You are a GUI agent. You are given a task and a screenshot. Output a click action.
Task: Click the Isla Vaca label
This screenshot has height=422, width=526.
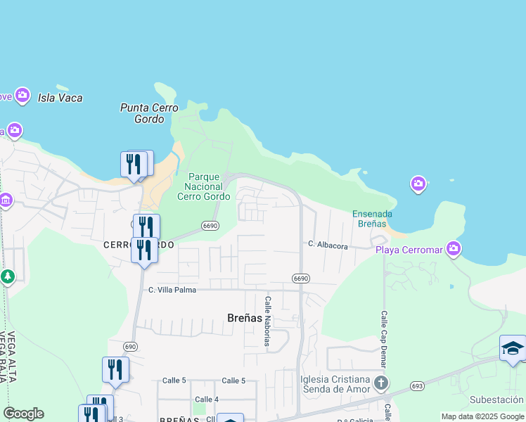[60, 98]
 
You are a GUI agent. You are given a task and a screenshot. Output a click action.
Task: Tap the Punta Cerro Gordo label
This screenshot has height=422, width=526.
[149, 113]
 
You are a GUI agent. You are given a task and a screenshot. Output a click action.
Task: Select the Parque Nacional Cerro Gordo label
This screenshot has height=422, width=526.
[204, 186]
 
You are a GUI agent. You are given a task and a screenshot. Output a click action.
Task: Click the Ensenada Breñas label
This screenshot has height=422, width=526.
[372, 219]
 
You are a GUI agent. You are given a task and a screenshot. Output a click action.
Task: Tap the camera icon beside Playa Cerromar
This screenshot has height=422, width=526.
[454, 248]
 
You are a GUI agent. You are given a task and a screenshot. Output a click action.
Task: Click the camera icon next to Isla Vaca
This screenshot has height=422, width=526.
[23, 95]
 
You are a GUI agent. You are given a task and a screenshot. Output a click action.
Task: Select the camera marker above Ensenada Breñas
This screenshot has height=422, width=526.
[418, 184]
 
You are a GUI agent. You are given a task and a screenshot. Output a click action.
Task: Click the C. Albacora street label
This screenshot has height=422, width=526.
[328, 245]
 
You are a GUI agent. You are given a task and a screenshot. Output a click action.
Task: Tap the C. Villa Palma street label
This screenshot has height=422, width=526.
[172, 290]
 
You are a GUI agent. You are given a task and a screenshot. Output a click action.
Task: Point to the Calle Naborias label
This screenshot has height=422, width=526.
[267, 321]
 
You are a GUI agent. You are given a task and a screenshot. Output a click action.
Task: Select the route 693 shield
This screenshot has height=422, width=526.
[418, 386]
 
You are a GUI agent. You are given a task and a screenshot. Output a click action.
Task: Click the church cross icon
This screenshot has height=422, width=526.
[380, 383]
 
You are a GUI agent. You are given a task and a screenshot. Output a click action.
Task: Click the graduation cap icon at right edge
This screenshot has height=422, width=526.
[512, 348]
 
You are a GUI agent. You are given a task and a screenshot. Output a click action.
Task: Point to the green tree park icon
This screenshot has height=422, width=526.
[8, 277]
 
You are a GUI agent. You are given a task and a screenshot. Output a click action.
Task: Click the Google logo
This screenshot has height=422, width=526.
[23, 414]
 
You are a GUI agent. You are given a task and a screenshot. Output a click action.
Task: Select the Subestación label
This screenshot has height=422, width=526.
[496, 399]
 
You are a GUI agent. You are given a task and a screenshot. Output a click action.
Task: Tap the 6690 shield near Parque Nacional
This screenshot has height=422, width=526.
[209, 225]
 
